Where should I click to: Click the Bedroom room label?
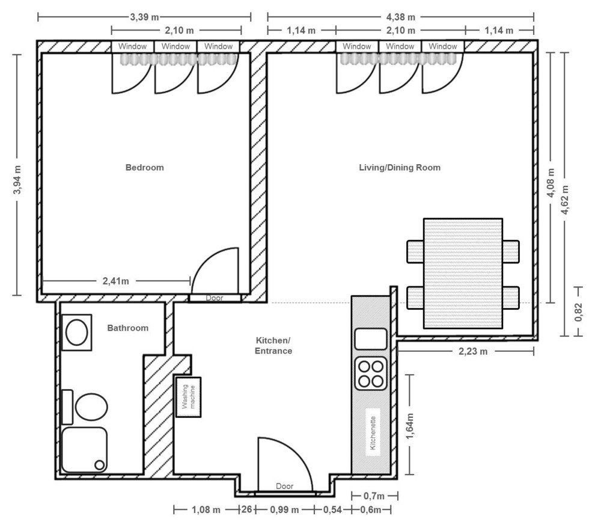click(x=145, y=167)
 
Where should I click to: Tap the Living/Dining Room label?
click(x=400, y=167)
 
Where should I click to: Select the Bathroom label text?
click(x=128, y=328)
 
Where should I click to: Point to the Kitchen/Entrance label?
click(x=273, y=345)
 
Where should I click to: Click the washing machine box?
click(x=188, y=397)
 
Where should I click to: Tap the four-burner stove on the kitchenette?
click(x=371, y=373)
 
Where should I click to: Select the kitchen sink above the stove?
click(x=371, y=339)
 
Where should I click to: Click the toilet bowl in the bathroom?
click(x=91, y=407)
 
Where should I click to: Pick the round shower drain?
click(x=99, y=465)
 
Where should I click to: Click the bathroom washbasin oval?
click(x=77, y=332)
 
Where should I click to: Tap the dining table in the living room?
click(x=463, y=273)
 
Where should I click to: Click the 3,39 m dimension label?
click(x=145, y=17)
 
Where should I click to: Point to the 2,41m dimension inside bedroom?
click(x=116, y=281)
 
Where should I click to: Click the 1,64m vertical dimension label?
click(x=410, y=426)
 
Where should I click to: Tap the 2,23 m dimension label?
click(x=473, y=351)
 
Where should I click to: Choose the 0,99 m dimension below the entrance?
click(x=285, y=509)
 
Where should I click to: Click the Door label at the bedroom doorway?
click(x=215, y=298)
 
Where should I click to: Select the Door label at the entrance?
click(x=285, y=486)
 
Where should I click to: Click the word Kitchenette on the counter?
click(x=373, y=433)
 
